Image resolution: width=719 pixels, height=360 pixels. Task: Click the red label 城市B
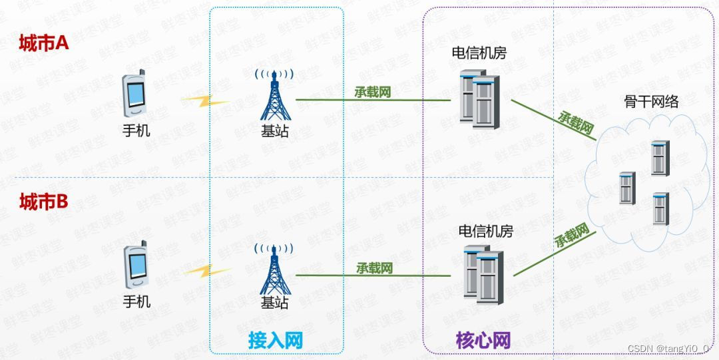[x=44, y=202]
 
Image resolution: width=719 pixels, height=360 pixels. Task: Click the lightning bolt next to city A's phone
[x=203, y=102]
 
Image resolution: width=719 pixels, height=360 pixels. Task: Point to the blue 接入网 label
[x=276, y=341]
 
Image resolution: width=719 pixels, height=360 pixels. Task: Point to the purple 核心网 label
[x=483, y=341]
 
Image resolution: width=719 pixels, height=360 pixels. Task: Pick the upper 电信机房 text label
[x=479, y=53]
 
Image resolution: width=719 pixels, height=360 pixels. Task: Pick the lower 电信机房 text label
[x=486, y=231]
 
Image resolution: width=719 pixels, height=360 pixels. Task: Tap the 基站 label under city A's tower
[x=275, y=131]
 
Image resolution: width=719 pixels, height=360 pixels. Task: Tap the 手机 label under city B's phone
[x=136, y=301]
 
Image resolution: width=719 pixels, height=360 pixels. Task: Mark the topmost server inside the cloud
[x=659, y=158]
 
